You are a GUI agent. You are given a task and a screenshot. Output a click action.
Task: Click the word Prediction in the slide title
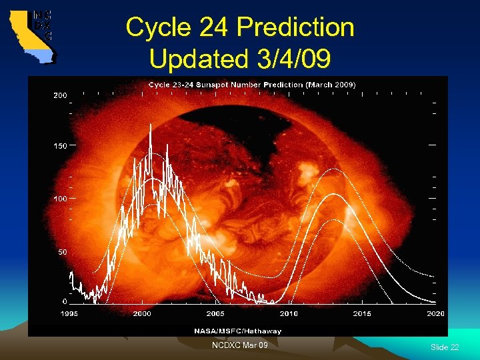tap(295, 28)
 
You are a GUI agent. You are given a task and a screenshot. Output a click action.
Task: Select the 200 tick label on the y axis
tap(60, 95)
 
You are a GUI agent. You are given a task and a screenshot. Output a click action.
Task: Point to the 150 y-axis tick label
tap(60, 145)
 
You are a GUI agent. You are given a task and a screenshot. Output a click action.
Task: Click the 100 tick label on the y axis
tap(60, 199)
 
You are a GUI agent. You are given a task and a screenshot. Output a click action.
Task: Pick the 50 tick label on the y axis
tap(62, 251)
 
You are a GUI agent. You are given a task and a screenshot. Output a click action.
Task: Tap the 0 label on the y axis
tap(65, 301)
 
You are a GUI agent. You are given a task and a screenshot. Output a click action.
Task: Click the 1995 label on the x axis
tap(69, 314)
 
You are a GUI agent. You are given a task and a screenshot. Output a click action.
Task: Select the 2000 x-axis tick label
tap(143, 314)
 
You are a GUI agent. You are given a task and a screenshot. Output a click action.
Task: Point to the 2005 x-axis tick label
tap(215, 314)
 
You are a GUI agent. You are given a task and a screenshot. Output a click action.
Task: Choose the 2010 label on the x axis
tap(289, 314)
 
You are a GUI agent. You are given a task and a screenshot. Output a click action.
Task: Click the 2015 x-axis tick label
tap(362, 314)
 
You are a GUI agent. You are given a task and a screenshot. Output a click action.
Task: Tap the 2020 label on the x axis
tap(435, 314)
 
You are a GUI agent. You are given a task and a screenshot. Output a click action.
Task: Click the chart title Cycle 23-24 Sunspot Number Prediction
tap(251, 85)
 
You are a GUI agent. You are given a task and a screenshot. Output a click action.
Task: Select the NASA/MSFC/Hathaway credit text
tap(238, 331)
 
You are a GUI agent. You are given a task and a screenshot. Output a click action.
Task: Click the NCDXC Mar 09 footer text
tap(240, 345)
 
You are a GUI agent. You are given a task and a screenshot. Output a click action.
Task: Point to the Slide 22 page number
tap(445, 347)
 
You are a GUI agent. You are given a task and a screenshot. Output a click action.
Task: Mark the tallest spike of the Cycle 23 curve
tap(151, 127)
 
